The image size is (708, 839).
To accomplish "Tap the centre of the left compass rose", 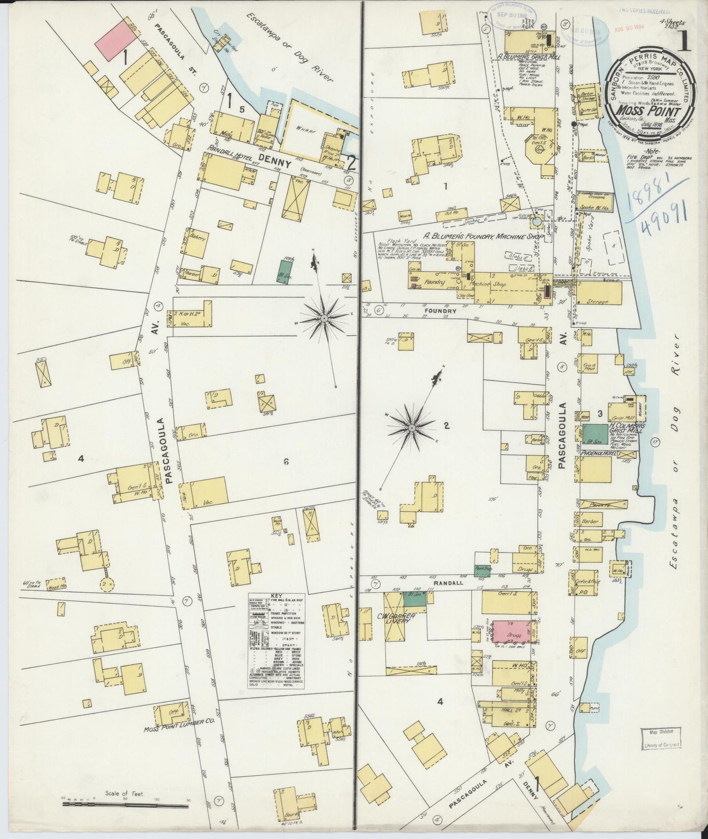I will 324,318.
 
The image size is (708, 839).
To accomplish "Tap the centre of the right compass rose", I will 412,427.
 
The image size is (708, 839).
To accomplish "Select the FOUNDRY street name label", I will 444,311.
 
